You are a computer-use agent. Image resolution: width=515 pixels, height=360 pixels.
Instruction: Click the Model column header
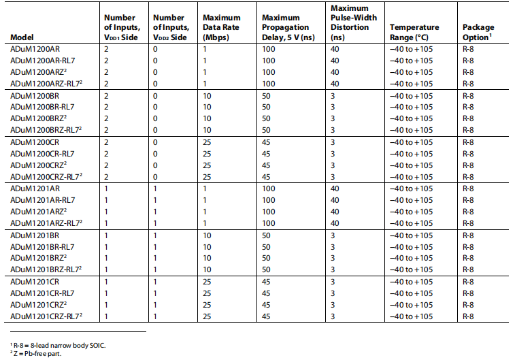click(x=22, y=36)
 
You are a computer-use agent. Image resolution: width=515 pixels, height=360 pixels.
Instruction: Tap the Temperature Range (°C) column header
click(x=414, y=31)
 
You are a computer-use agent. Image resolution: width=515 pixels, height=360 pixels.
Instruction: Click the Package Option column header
click(x=479, y=31)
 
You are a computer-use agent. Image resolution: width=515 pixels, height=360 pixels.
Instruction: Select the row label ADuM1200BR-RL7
click(x=42, y=107)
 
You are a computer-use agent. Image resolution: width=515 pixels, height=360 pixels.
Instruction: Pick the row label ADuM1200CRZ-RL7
click(x=46, y=177)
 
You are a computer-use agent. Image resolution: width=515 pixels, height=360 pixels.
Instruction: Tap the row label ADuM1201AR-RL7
click(x=42, y=200)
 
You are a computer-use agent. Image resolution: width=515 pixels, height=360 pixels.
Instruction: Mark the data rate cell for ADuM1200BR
click(x=207, y=96)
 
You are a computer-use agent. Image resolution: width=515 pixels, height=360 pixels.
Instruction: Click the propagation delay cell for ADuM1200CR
click(x=267, y=142)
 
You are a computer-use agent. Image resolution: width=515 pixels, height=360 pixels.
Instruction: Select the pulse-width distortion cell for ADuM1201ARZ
click(x=334, y=212)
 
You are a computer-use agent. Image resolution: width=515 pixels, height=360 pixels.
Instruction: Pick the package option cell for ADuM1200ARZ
click(x=468, y=72)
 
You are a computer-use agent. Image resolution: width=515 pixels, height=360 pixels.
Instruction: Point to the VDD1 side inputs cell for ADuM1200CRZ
click(x=106, y=165)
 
